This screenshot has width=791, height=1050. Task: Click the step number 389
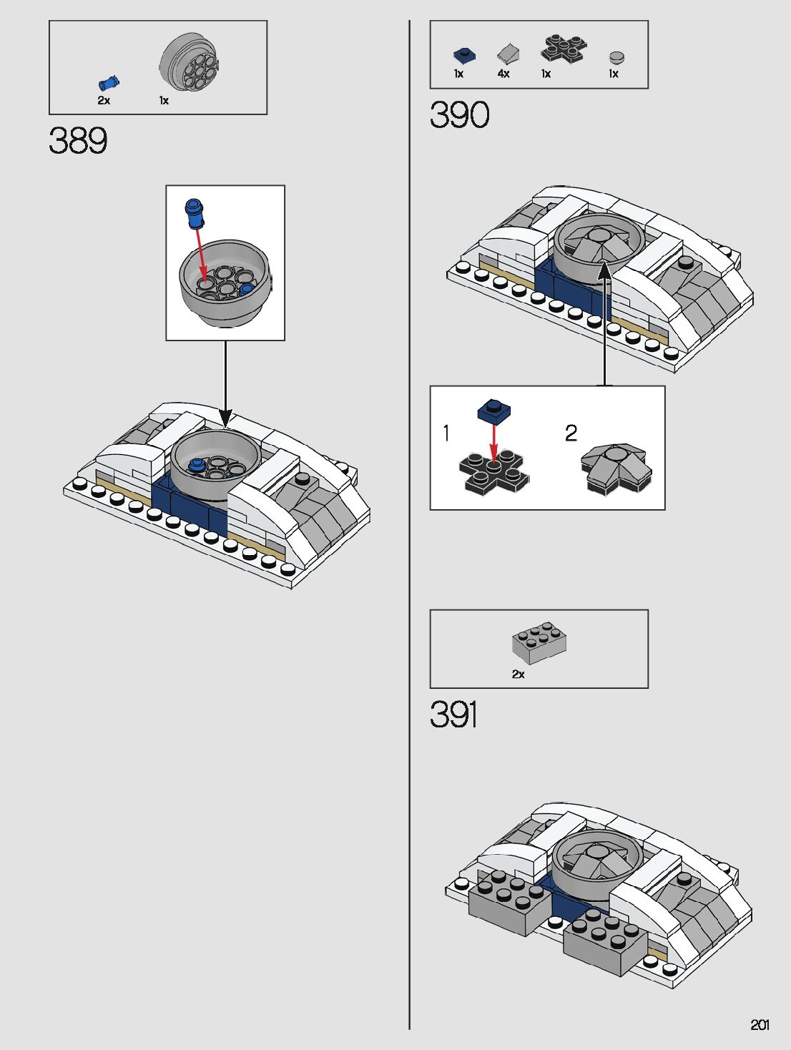coord(78,140)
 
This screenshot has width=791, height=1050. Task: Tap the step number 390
coord(459,114)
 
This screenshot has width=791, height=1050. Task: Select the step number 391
coord(453,715)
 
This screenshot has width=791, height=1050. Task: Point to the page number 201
coord(760,1024)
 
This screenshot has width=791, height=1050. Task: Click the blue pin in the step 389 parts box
coord(109,83)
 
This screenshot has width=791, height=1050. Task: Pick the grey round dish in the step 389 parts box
coord(190,64)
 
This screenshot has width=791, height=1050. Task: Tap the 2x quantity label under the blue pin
coord(104,101)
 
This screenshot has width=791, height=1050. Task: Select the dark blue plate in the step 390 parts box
coord(464,54)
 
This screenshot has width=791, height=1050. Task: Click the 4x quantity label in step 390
coord(503,74)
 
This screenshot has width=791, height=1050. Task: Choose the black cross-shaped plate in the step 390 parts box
coord(564,48)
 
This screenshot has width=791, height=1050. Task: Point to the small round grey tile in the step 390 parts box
coord(616,57)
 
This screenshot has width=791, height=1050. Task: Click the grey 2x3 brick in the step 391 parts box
coord(539,641)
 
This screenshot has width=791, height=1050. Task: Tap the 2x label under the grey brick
coord(518,674)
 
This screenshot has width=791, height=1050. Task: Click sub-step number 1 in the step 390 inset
coord(446,433)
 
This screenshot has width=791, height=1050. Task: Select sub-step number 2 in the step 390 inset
coord(571,433)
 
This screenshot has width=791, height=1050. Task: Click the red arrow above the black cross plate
coord(493,441)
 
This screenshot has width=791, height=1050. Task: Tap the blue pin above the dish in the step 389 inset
coord(194,212)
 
